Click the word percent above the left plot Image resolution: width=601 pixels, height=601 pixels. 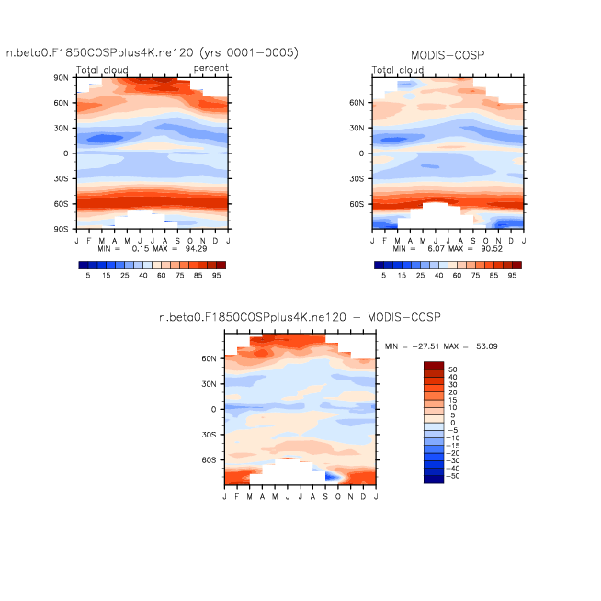point(211,70)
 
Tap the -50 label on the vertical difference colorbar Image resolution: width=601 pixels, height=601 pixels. point(454,479)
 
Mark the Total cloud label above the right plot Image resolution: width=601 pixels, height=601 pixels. point(398,70)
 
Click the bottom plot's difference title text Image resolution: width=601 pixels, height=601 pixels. point(300,316)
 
